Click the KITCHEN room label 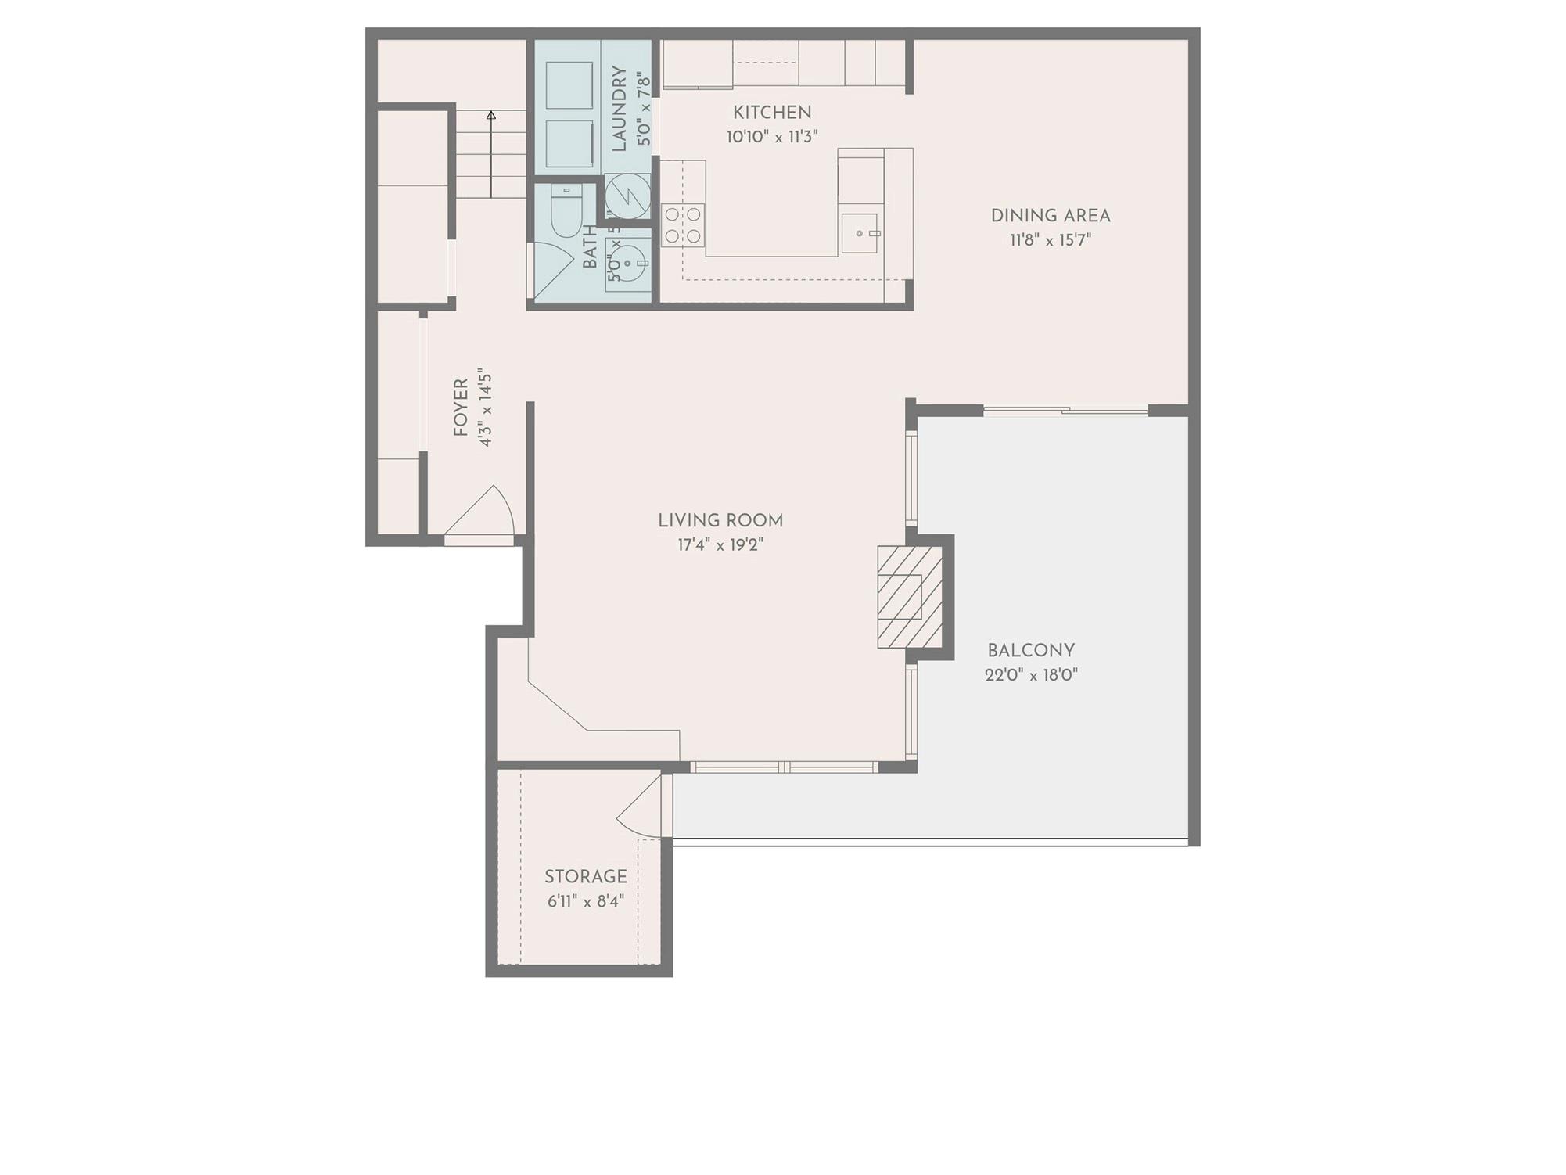click(x=771, y=113)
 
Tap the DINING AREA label click(x=1050, y=216)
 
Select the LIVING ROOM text click(x=720, y=521)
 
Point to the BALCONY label click(x=1030, y=651)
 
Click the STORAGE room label click(x=585, y=877)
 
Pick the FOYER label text click(x=461, y=408)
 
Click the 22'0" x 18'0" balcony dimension click(x=1030, y=675)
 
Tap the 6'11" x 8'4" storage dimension click(x=585, y=901)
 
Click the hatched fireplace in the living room click(x=909, y=597)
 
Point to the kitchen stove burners click(x=682, y=225)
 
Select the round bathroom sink click(x=628, y=264)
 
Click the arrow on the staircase click(x=491, y=116)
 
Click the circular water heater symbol click(x=627, y=196)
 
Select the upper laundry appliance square click(x=569, y=85)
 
